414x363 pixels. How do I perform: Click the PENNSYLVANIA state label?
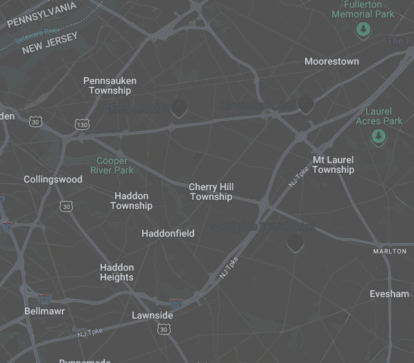click(42, 15)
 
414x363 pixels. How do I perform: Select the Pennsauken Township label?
click(110, 85)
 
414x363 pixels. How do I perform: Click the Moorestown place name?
click(331, 62)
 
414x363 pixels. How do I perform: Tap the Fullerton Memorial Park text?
click(363, 9)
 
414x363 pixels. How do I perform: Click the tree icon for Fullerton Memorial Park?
click(363, 30)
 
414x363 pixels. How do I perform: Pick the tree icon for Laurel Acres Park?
click(378, 137)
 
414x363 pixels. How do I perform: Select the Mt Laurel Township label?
click(333, 164)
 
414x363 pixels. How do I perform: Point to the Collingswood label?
click(53, 179)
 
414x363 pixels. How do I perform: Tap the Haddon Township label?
click(131, 201)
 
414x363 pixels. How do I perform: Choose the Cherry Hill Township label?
click(211, 192)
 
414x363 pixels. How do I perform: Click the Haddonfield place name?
click(168, 234)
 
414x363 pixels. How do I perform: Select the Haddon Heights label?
click(117, 272)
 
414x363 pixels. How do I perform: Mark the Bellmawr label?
click(44, 311)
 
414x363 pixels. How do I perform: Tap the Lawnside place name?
click(152, 316)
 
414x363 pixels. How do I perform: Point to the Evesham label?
click(389, 294)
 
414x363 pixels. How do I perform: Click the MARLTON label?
click(390, 251)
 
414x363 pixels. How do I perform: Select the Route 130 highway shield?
click(82, 125)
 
